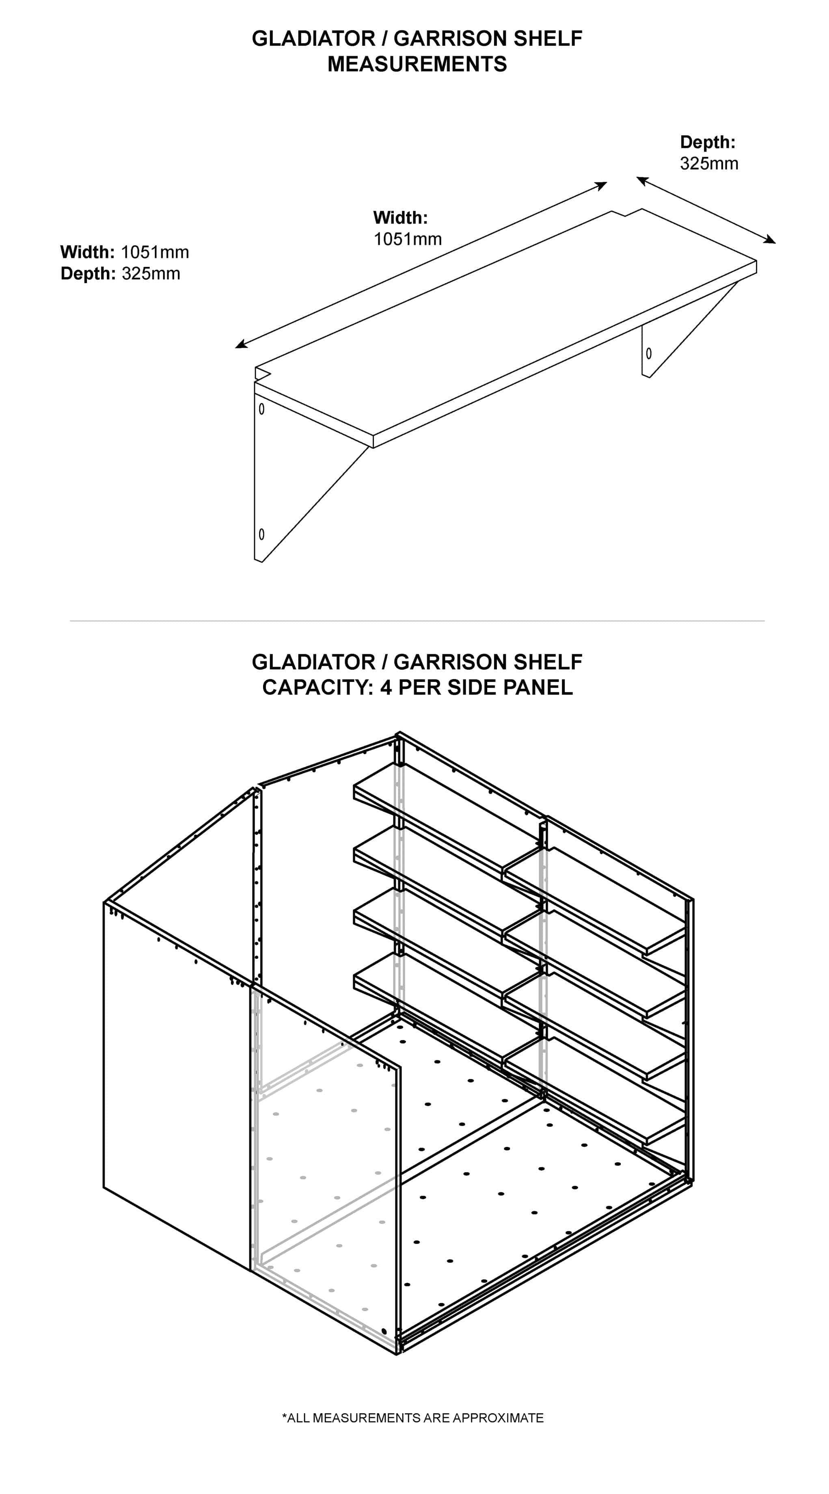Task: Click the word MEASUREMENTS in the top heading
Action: click(417, 64)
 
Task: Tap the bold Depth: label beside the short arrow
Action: click(707, 142)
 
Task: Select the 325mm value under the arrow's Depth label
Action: click(709, 164)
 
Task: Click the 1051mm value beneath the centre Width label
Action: click(408, 239)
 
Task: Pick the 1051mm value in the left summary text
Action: click(155, 252)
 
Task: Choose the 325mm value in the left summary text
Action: click(151, 274)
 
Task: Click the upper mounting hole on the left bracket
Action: click(261, 409)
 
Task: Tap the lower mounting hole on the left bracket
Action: click(261, 534)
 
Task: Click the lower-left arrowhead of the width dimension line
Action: click(241, 344)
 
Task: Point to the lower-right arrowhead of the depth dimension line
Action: click(770, 240)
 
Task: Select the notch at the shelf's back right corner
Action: click(626, 213)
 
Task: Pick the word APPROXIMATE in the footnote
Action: click(498, 1418)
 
